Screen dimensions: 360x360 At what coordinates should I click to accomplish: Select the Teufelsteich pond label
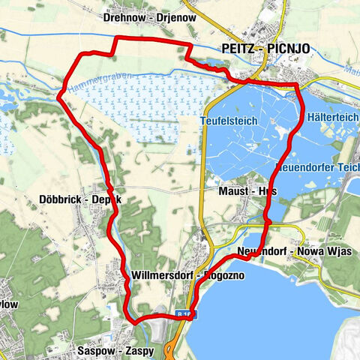[229, 121]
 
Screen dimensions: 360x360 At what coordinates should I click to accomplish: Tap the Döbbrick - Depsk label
[79, 199]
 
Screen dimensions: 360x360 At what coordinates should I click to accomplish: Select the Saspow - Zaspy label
[115, 350]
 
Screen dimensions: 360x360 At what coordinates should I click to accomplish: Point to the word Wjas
[341, 250]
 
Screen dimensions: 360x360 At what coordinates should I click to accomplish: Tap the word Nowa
[313, 250]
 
